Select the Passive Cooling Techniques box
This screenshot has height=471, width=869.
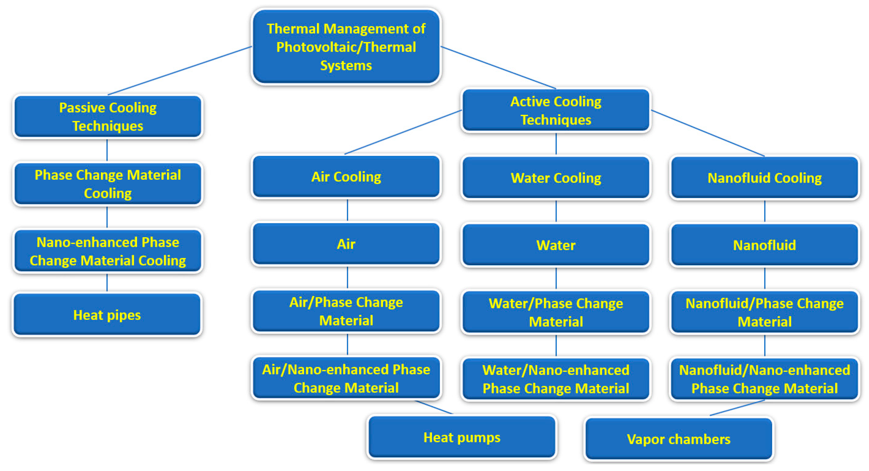tap(108, 117)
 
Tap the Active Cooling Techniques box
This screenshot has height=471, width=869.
tap(556, 110)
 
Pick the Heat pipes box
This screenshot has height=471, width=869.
tap(107, 315)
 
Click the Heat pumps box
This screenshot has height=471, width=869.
tap(462, 437)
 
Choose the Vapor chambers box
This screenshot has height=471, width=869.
tap(679, 439)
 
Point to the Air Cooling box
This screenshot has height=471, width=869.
tap(346, 177)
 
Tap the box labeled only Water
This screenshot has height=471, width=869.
tap(556, 245)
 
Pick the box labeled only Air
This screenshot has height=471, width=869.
tap(346, 244)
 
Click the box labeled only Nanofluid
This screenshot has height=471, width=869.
tap(764, 245)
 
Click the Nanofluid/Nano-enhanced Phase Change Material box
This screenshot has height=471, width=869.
tap(764, 379)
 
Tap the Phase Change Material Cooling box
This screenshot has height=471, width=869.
tap(108, 184)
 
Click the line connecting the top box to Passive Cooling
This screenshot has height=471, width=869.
tap(180, 71)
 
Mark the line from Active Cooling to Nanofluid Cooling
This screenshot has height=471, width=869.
tap(708, 133)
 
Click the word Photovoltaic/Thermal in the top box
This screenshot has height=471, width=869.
tap(346, 47)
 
